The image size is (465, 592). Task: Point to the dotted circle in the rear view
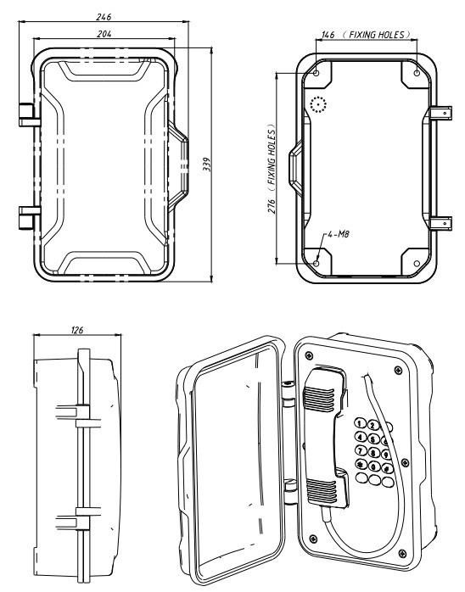point(317,104)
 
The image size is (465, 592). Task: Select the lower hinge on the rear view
point(440,222)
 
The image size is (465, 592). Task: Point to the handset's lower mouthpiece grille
point(322,490)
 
